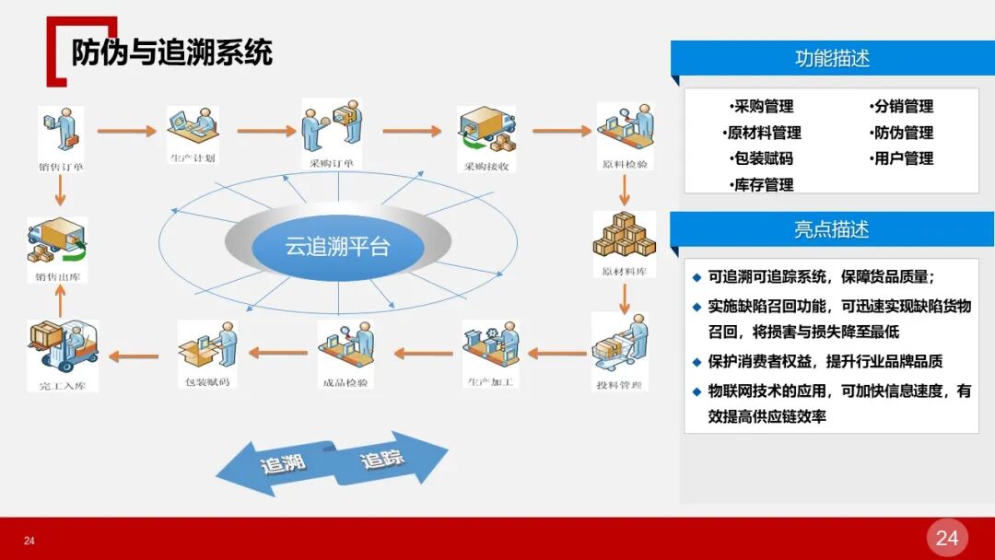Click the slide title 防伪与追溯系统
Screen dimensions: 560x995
tap(172, 52)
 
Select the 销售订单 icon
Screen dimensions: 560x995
tap(61, 131)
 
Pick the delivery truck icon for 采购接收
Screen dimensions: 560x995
tap(486, 132)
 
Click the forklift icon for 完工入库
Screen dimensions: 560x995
tap(63, 347)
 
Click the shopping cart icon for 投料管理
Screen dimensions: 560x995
tap(618, 344)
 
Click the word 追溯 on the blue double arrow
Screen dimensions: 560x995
tap(283, 464)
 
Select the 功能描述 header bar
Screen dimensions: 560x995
tap(831, 58)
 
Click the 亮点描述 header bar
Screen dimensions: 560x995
tap(831, 229)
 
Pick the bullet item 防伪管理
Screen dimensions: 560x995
tap(902, 133)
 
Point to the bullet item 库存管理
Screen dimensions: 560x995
tap(762, 184)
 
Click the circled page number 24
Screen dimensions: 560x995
tap(947, 538)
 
